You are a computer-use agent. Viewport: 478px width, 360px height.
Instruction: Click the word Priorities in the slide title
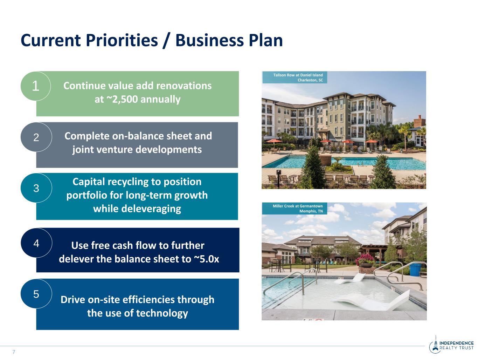[122, 41]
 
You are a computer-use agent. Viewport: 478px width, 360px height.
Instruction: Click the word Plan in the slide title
[266, 41]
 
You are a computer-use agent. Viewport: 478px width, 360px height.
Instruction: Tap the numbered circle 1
[36, 86]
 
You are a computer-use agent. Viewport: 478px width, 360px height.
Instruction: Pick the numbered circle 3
[36, 188]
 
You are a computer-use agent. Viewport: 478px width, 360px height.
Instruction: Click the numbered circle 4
[36, 243]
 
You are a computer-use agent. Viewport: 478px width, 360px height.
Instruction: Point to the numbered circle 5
[36, 294]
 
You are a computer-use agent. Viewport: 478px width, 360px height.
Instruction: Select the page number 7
[14, 352]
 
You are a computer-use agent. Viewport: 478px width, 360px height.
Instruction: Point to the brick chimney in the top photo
[419, 122]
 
